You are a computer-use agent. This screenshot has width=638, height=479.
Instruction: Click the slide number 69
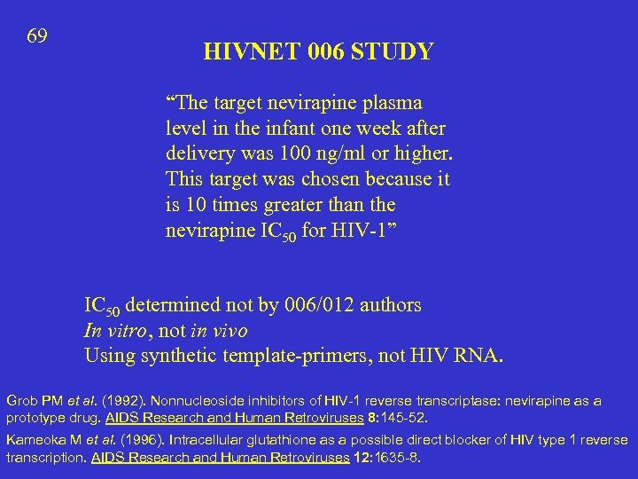[x=37, y=36]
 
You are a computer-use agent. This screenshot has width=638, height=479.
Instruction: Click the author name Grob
[x=22, y=401]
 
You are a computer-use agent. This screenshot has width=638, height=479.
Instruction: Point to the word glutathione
[x=251, y=440]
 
